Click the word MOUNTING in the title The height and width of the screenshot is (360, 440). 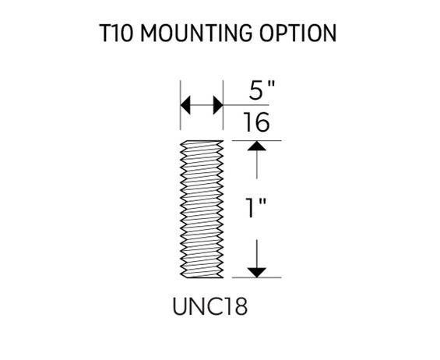pos(196,34)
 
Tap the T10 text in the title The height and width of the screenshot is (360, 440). pos(116,34)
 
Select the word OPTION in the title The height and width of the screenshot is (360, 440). pos(297,34)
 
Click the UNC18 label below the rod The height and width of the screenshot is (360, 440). pos(210,306)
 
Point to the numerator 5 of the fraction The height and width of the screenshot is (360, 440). pos(256,90)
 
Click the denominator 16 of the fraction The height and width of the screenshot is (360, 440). pos(256,122)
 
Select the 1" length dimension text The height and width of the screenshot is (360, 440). pos(255,208)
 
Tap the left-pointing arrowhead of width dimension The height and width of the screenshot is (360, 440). pos(185,105)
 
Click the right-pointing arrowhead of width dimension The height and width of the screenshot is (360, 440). pos(218,105)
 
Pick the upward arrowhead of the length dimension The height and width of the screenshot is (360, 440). pos(257,146)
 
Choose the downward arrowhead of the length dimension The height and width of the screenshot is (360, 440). pos(257,273)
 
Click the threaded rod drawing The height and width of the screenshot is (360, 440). pos(202,209)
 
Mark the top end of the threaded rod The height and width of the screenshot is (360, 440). pos(202,141)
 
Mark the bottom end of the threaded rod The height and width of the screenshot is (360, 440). pos(202,277)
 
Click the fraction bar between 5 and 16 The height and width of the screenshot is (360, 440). pos(246,105)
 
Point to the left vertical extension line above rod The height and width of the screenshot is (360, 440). pos(181,105)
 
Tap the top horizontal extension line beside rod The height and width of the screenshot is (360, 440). pos(257,141)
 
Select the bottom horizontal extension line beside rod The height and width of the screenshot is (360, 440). pos(257,277)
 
